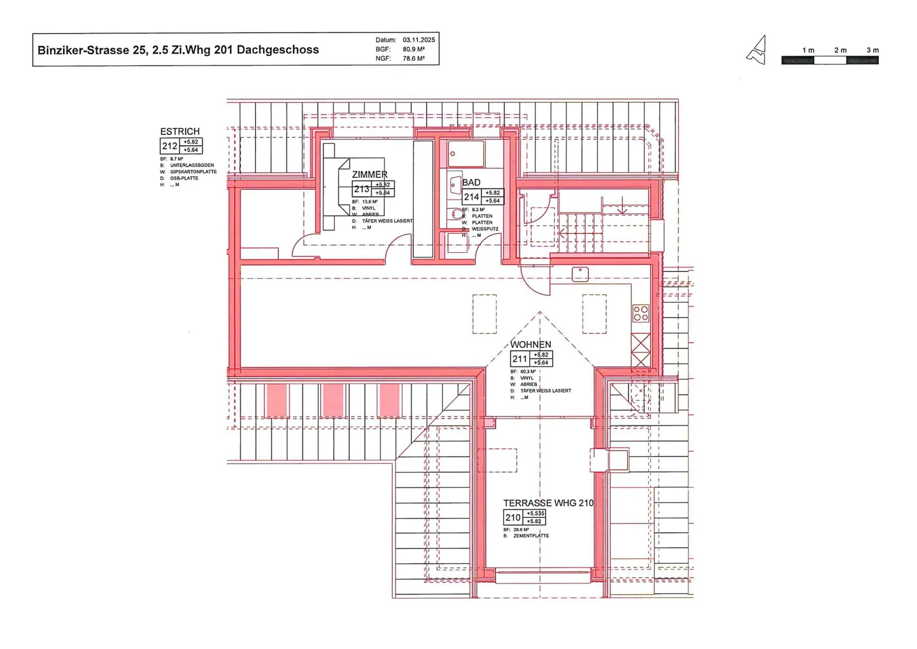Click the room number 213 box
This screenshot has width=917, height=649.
click(x=362, y=189)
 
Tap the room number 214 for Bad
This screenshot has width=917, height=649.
click(x=471, y=197)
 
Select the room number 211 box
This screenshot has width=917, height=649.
click(x=520, y=359)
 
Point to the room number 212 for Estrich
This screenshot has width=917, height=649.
click(x=169, y=146)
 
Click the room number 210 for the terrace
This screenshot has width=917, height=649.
click(x=513, y=517)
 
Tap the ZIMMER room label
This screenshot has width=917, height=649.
click(x=369, y=175)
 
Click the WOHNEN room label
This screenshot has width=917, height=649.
click(x=530, y=345)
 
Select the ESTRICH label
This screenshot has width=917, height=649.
click(x=180, y=132)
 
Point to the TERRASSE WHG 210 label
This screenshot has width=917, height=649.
click(x=548, y=503)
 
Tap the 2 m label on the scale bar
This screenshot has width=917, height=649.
click(x=841, y=50)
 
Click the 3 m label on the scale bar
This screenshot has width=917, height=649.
click(x=872, y=50)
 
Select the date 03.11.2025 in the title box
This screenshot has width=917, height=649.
click(x=418, y=39)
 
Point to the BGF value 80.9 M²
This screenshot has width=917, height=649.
click(x=413, y=49)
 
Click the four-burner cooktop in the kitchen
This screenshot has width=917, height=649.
click(x=641, y=313)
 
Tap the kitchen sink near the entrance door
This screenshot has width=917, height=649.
click(x=580, y=274)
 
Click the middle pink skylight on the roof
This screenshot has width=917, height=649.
click(x=333, y=401)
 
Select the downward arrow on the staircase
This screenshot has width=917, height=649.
click(x=623, y=208)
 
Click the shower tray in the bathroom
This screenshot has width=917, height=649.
click(x=466, y=154)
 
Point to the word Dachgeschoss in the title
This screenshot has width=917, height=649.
click(x=278, y=50)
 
